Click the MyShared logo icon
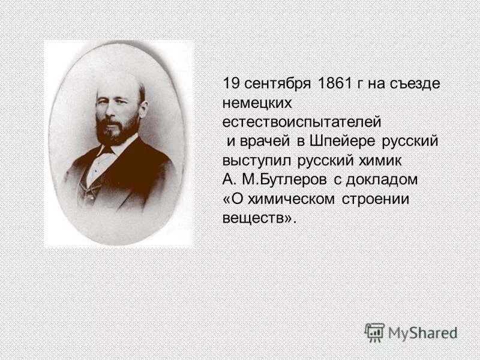[x=374, y=332]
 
